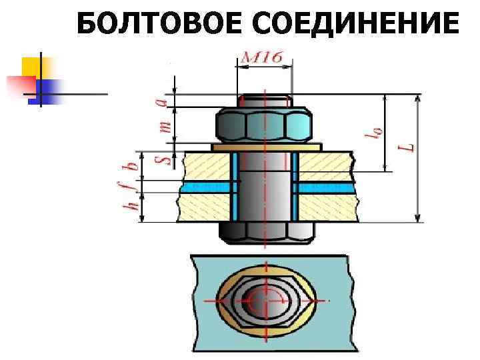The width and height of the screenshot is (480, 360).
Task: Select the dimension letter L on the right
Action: coord(409,144)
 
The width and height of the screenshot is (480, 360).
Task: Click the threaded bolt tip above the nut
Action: coord(265,101)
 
